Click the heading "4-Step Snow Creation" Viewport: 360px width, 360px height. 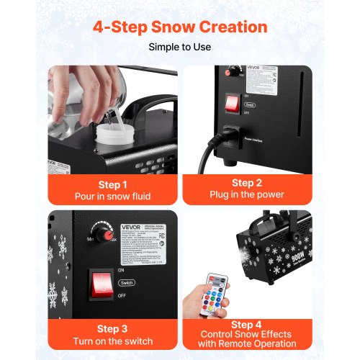click(x=179, y=27)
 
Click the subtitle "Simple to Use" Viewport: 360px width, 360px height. click(x=179, y=48)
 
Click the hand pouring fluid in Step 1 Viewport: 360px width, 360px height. click(x=79, y=90)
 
